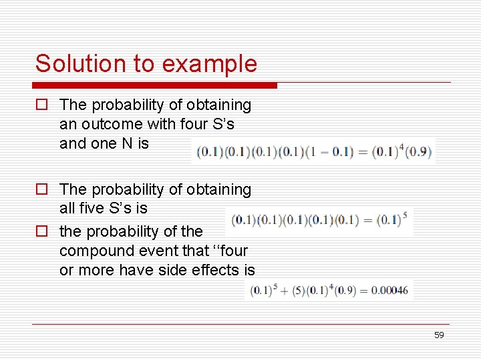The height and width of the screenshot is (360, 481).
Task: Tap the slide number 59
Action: (x=438, y=335)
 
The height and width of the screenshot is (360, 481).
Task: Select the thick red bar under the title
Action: (x=154, y=85)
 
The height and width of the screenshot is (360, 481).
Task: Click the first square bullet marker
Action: (x=41, y=105)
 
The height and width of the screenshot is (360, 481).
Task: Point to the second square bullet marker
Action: (x=41, y=190)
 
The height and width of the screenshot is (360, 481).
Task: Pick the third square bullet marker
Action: (x=41, y=232)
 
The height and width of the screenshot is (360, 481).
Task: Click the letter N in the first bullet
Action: (x=126, y=143)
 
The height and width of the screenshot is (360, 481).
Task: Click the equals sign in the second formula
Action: (x=367, y=220)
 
